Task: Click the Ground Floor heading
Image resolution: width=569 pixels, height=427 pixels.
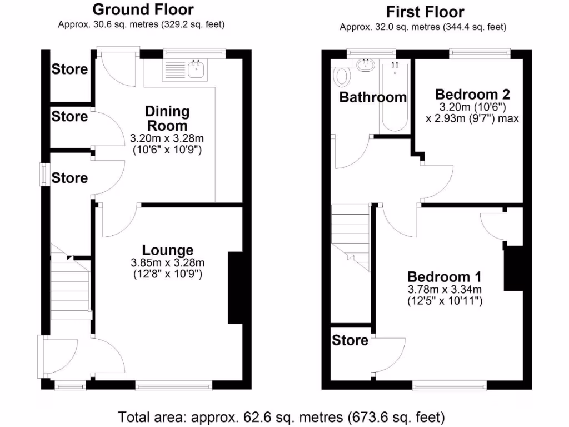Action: [143, 9]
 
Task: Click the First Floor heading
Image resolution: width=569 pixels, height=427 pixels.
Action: [425, 12]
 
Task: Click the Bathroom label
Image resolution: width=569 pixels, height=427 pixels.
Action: [373, 97]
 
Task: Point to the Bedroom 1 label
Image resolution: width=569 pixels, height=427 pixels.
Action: [445, 276]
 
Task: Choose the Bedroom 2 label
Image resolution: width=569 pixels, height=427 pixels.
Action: [472, 93]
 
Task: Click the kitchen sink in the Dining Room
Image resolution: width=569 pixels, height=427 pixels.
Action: [196, 69]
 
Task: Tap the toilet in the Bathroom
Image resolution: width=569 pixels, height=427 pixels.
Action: [342, 76]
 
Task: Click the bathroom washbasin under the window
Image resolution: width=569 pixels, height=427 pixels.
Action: [365, 65]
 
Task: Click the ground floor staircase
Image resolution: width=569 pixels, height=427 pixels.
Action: [70, 284]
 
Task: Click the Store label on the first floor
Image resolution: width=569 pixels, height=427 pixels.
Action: [350, 340]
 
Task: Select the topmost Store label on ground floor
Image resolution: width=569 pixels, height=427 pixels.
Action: [69, 69]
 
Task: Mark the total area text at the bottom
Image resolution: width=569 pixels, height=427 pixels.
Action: [281, 416]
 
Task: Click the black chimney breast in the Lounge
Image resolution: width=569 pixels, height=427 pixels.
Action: [235, 287]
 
